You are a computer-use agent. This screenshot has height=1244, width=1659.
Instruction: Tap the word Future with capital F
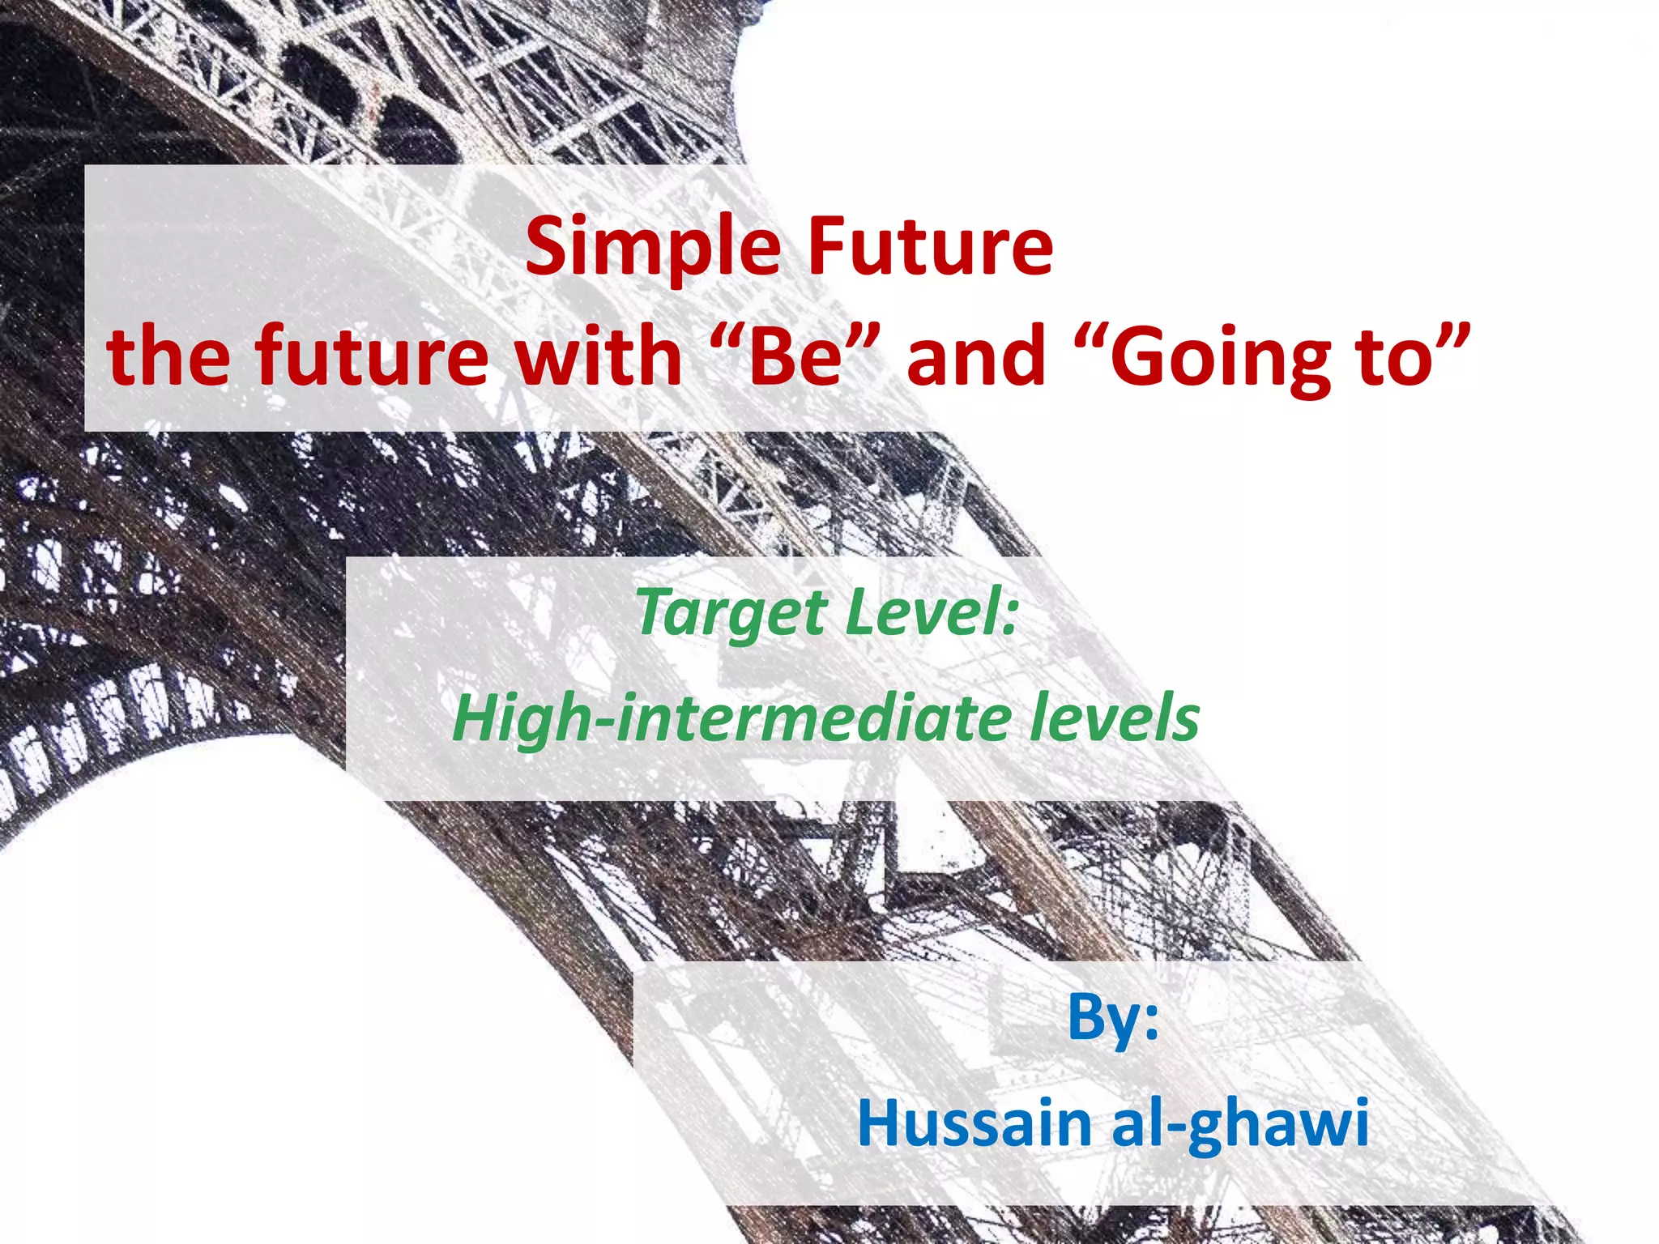(x=930, y=245)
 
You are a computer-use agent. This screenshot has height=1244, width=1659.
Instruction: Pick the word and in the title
(x=975, y=356)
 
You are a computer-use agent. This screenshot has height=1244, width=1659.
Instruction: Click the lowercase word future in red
(x=372, y=356)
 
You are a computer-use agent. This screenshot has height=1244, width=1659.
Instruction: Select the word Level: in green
(x=931, y=612)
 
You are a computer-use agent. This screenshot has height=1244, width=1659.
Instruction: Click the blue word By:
(x=1112, y=1018)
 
